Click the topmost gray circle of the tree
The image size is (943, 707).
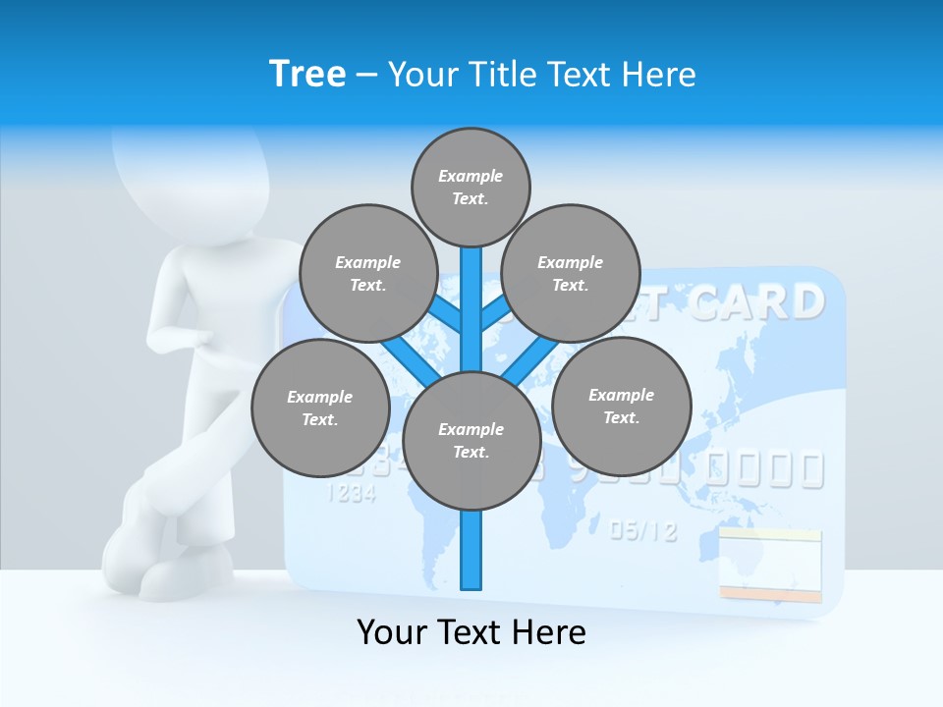click(x=471, y=187)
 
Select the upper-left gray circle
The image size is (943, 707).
click(x=367, y=273)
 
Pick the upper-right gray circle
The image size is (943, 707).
click(x=571, y=273)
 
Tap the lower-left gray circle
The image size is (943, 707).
click(x=320, y=408)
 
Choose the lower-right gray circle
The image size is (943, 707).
click(x=622, y=406)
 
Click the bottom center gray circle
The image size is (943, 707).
click(x=471, y=441)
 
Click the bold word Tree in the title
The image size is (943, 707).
click(x=307, y=74)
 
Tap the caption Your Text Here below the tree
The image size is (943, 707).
click(x=471, y=632)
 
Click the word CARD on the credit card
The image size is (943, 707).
click(x=755, y=302)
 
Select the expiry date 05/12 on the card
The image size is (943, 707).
click(x=643, y=531)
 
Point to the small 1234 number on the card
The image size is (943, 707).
click(x=351, y=493)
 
